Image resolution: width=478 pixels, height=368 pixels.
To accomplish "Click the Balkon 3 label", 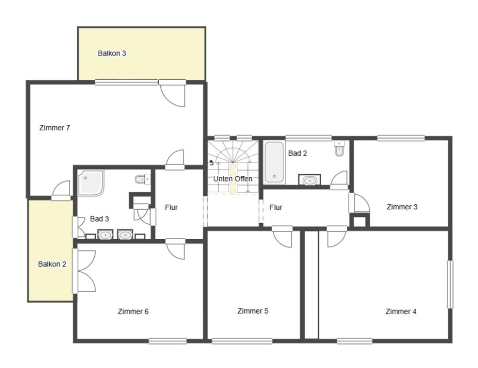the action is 112,54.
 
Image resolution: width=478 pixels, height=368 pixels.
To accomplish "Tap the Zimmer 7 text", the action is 55,128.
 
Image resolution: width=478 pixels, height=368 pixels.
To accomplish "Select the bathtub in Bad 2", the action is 274,162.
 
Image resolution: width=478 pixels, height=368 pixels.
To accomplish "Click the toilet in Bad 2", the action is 339,148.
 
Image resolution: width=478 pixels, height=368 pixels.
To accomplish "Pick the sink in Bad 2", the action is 309,180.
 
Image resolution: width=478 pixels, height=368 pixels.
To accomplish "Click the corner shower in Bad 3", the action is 91,182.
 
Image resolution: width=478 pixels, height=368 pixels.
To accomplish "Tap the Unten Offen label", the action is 232,179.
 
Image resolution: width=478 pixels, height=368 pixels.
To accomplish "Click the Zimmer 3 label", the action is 402,207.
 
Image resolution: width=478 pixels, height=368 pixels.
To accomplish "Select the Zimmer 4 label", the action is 401,312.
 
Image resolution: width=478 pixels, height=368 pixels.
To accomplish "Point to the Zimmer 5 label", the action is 253,311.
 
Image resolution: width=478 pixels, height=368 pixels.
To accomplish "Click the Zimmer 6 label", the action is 133,312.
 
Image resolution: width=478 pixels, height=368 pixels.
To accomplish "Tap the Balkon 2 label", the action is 52,264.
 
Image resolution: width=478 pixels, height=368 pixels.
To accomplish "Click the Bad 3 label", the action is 99,219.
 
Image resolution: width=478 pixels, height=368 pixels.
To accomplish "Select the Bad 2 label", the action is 297,153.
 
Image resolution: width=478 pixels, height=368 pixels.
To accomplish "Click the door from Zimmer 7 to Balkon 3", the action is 172,94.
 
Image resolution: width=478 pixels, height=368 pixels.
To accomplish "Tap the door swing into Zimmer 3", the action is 360,203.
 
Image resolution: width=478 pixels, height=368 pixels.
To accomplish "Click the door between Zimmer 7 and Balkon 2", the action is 61,191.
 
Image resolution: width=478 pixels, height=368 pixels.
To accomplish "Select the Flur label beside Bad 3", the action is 171,207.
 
